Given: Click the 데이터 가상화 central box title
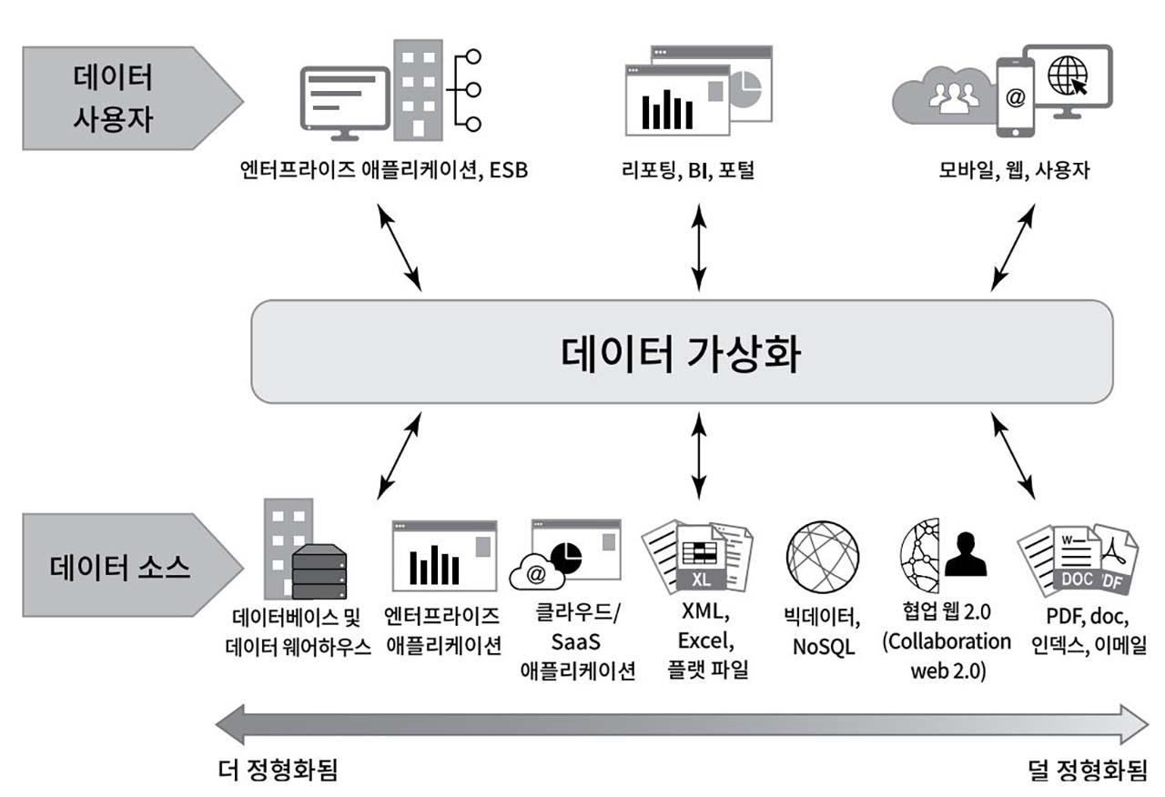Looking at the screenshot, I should click(681, 353).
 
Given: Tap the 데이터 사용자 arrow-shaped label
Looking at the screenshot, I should click(114, 98).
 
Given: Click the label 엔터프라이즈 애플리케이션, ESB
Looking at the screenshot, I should click(379, 170).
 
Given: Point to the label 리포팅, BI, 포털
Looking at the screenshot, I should click(696, 170).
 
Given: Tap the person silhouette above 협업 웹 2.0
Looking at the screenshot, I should click(965, 553).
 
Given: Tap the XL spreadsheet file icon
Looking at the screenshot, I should click(701, 560).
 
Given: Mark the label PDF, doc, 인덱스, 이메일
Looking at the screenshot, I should click(1079, 632).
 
